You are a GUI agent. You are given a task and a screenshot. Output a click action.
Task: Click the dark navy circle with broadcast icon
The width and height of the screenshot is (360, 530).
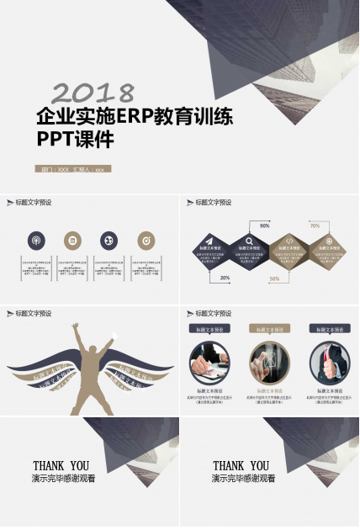coord(36,241)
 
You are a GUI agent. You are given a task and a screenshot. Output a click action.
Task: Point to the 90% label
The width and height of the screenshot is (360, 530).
coord(264,225)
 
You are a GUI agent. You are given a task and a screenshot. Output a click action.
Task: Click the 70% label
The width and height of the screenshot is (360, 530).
coord(315,225)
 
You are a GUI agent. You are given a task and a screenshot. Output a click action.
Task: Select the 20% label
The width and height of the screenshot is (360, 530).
coord(225,278)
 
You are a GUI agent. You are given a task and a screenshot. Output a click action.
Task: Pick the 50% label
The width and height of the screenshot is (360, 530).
coord(274,278)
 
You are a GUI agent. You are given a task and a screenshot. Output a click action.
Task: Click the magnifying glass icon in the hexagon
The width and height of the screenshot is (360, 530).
coord(251,241)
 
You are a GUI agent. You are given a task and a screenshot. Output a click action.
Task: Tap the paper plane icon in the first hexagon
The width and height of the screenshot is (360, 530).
coord(209,241)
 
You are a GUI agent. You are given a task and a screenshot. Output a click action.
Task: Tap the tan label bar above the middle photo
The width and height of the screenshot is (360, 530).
coord(269,330)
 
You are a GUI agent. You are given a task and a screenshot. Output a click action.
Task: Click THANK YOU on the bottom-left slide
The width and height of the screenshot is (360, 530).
coord(61,465)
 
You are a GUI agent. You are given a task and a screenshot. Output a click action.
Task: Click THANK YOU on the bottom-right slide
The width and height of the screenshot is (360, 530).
coord(241,465)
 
